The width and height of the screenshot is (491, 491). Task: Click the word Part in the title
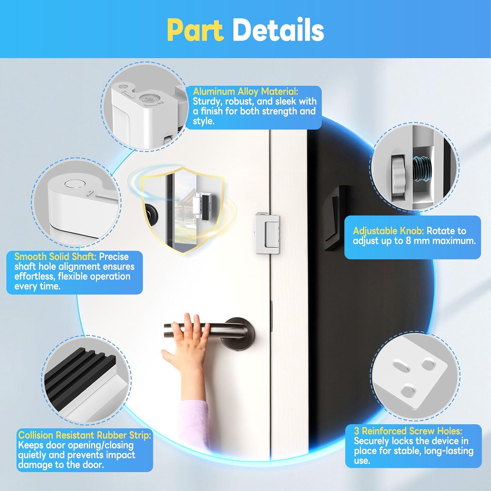(x=195, y=30)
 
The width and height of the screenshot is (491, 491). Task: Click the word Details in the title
(x=278, y=30)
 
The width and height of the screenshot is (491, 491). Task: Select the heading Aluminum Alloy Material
(x=245, y=91)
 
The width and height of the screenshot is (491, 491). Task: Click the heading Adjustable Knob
(x=388, y=231)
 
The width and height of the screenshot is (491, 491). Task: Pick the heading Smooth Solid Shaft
(x=55, y=256)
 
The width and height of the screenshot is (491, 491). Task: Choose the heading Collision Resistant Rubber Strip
(x=85, y=435)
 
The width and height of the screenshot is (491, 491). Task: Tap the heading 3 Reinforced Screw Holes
(x=408, y=431)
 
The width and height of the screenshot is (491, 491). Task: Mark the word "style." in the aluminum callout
(x=204, y=121)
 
